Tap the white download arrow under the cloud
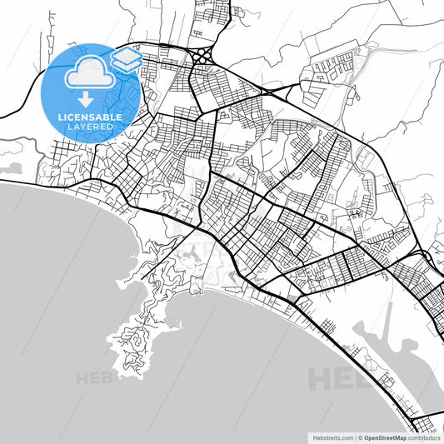point(87,98)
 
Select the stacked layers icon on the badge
point(126,59)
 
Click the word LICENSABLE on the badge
point(90,117)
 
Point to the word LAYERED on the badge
point(90,127)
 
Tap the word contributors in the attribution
point(424,437)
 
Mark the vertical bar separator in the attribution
point(354,437)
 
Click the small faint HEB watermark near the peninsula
point(92,378)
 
